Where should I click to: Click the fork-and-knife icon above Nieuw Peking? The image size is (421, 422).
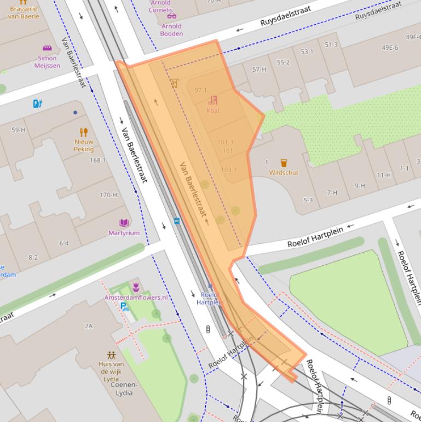coord(84,132)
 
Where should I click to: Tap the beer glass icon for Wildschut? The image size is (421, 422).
coord(284,163)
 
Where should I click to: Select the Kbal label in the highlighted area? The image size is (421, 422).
coord(213,110)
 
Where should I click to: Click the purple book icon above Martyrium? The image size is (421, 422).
coord(124,223)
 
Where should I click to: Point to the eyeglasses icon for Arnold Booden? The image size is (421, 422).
coord(171,16)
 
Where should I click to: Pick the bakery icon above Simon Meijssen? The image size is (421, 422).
coord(47,49)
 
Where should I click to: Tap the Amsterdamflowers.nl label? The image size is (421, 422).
coord(136,297)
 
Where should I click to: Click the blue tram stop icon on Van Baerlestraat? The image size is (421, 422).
coord(177,221)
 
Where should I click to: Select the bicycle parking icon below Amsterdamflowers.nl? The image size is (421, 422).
coord(125,307)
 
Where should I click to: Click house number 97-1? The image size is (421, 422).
coord(200,90)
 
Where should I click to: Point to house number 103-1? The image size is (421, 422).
coord(228,169)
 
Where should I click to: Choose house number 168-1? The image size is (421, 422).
coord(97,161)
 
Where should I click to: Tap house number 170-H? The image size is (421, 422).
coord(108,195)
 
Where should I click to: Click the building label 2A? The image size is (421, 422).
coord(89,326)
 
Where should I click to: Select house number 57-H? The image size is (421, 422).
coord(259,70)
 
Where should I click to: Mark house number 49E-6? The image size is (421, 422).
coord(389,48)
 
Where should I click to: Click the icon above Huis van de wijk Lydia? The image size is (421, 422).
coord(112,355)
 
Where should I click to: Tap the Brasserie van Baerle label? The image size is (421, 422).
coord(24,12)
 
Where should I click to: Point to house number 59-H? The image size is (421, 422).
coord(19,130)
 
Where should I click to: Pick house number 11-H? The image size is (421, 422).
coord(384,175)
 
